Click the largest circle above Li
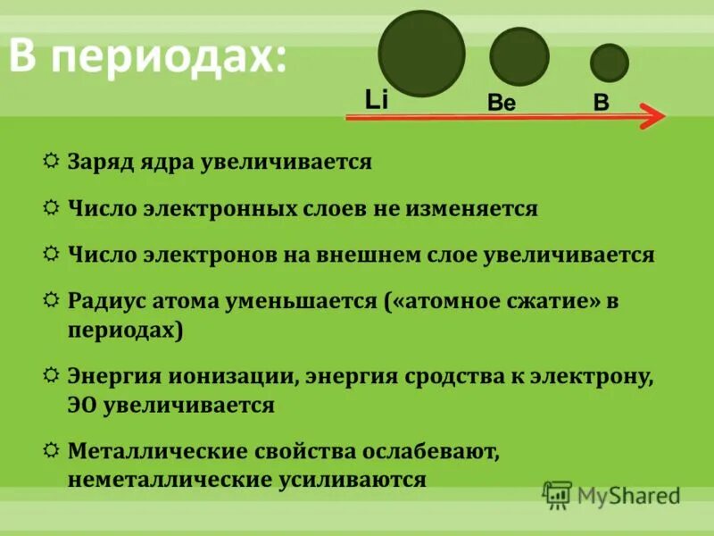422,54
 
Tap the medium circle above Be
519,57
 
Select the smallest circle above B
610,63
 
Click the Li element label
377,99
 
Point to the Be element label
502,103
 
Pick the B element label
602,102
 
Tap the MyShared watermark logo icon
557,493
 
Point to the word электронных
216,209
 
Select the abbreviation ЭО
82,405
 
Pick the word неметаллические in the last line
162,479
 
